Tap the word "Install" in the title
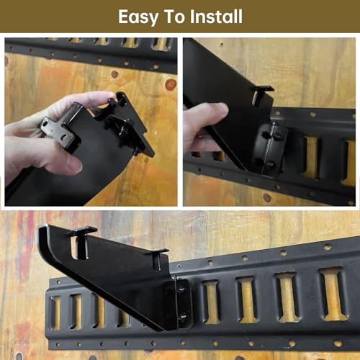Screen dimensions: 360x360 point(212,16)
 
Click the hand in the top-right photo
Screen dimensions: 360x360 point(202,122)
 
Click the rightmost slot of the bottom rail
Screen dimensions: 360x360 point(333,293)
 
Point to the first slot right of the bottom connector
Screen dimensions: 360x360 point(210,301)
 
